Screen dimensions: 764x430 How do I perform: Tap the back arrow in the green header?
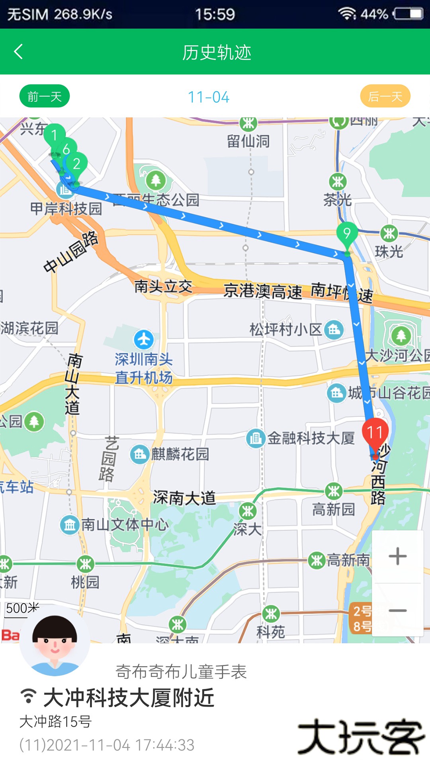click(x=19, y=52)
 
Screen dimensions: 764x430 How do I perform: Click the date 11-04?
click(x=209, y=97)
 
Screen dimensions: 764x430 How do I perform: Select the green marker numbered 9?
click(x=347, y=234)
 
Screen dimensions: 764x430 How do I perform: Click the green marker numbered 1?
click(x=54, y=136)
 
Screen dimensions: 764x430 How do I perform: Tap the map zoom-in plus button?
click(x=397, y=556)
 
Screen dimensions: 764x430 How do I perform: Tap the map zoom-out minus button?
click(x=397, y=610)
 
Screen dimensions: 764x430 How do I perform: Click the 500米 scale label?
click(x=22, y=608)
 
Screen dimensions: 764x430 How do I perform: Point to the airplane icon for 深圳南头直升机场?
click(x=144, y=339)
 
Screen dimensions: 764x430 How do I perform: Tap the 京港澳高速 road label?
click(x=263, y=291)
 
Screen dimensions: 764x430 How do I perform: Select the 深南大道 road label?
click(x=184, y=497)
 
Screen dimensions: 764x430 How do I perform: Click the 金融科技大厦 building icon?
click(x=255, y=439)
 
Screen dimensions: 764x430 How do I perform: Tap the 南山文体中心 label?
click(x=125, y=524)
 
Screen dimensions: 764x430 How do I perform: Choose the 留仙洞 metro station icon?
click(x=248, y=124)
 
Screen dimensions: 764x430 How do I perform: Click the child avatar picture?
click(x=55, y=641)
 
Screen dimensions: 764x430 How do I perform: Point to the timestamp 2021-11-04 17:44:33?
click(x=107, y=745)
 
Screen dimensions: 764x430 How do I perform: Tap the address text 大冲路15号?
click(x=56, y=721)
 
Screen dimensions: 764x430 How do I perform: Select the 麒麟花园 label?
click(x=180, y=454)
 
